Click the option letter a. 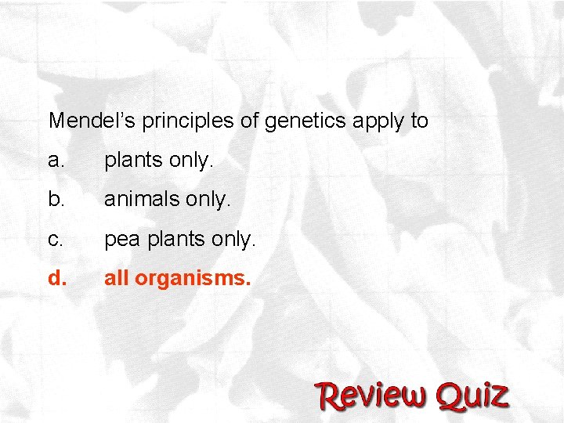coord(55,161)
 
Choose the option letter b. coord(55,200)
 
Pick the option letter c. coord(54,239)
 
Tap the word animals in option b coord(142,200)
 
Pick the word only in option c coord(233,240)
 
